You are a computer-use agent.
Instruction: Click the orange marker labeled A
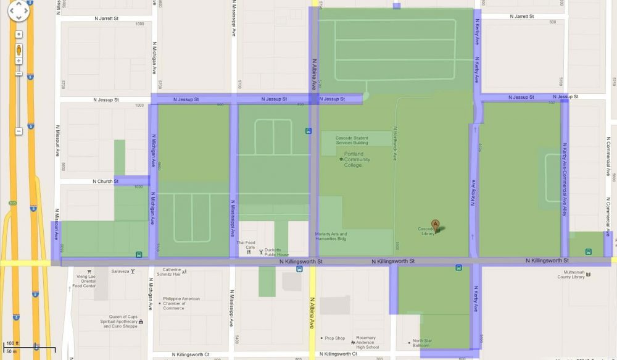tap(436, 225)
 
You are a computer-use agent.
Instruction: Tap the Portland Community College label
tap(353, 159)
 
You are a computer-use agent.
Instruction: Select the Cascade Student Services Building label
tap(352, 140)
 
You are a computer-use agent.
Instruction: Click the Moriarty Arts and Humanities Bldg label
tap(331, 237)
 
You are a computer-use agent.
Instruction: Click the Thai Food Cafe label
tap(246, 245)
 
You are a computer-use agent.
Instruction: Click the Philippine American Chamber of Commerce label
tap(181, 303)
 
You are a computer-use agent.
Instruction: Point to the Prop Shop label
tap(334, 338)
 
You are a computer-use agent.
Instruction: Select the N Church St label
tap(106, 182)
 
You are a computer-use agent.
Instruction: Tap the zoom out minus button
tap(19, 130)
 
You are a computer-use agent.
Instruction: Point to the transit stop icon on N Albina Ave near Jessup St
tap(308, 131)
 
